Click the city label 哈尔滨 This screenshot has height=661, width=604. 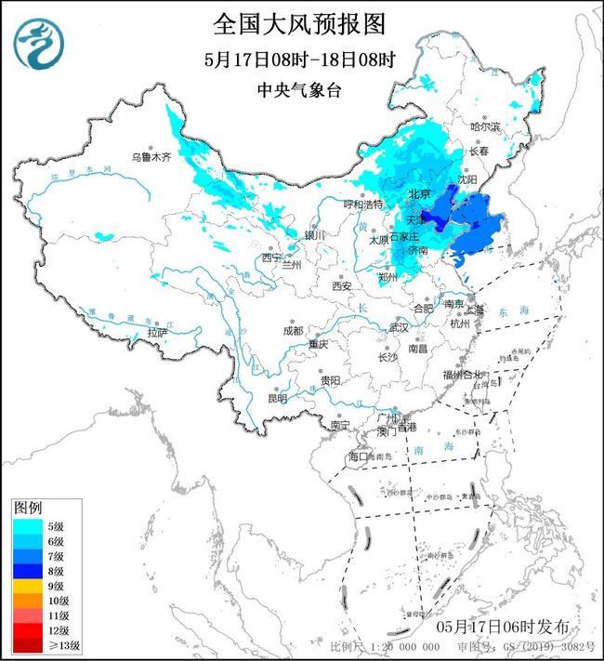484,126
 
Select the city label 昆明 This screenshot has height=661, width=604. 277,398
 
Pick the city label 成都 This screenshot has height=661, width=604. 293,330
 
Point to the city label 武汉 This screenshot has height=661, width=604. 399,327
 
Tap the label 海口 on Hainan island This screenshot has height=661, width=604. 359,456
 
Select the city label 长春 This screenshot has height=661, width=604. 479,151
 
